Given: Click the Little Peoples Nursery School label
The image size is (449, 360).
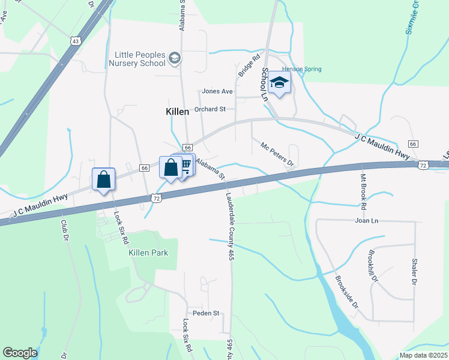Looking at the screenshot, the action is click(x=140, y=59).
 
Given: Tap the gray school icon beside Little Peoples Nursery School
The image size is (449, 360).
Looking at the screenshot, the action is click(x=175, y=58).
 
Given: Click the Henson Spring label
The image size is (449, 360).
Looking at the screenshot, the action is click(x=302, y=69).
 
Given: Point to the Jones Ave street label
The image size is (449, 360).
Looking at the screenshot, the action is click(x=217, y=91).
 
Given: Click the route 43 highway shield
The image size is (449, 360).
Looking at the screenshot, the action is click(x=74, y=41).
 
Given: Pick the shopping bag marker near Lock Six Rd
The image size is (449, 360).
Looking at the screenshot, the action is click(x=104, y=179).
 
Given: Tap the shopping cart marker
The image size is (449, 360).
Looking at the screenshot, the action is click(x=185, y=164).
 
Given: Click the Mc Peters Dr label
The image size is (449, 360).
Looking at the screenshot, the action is click(x=277, y=154).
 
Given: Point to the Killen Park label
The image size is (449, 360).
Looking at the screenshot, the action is click(x=148, y=253).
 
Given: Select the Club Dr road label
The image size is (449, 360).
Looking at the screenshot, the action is click(x=64, y=230).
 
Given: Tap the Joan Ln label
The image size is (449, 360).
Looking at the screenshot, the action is click(x=366, y=221).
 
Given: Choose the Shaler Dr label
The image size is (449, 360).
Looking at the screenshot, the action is click(x=414, y=272).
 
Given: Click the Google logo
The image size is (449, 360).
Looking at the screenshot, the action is click(x=20, y=353).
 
